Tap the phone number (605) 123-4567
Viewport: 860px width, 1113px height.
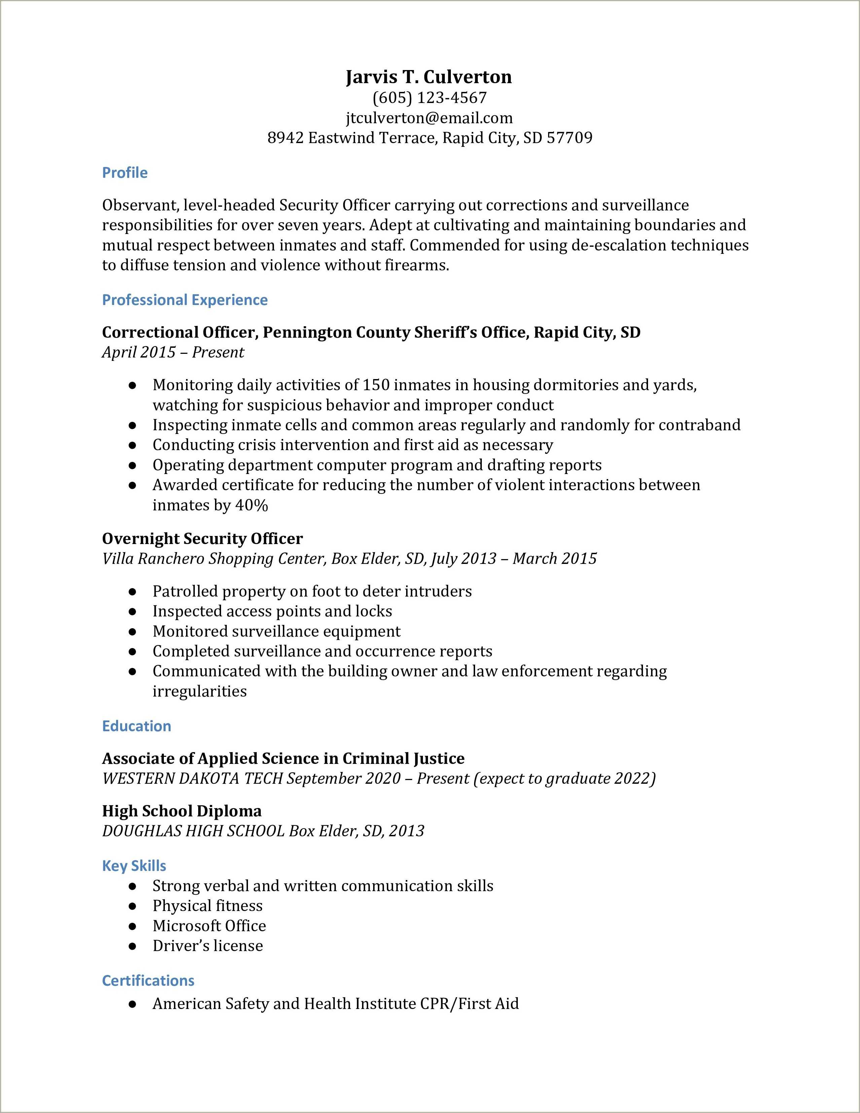click(x=429, y=97)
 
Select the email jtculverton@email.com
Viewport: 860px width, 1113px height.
click(x=429, y=118)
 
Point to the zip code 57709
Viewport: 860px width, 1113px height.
click(x=569, y=138)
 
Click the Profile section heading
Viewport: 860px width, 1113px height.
click(x=125, y=173)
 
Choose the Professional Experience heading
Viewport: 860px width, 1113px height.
click(x=185, y=300)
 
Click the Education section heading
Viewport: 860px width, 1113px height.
click(x=137, y=726)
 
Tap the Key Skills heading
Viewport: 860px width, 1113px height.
click(x=134, y=865)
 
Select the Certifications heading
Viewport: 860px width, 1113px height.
click(x=148, y=980)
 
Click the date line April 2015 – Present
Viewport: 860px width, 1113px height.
click(x=173, y=352)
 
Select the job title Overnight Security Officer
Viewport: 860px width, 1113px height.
click(x=202, y=539)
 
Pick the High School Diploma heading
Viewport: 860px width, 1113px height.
click(x=182, y=811)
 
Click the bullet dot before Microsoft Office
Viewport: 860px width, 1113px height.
click(x=132, y=926)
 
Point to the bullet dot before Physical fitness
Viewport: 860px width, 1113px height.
click(x=132, y=906)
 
